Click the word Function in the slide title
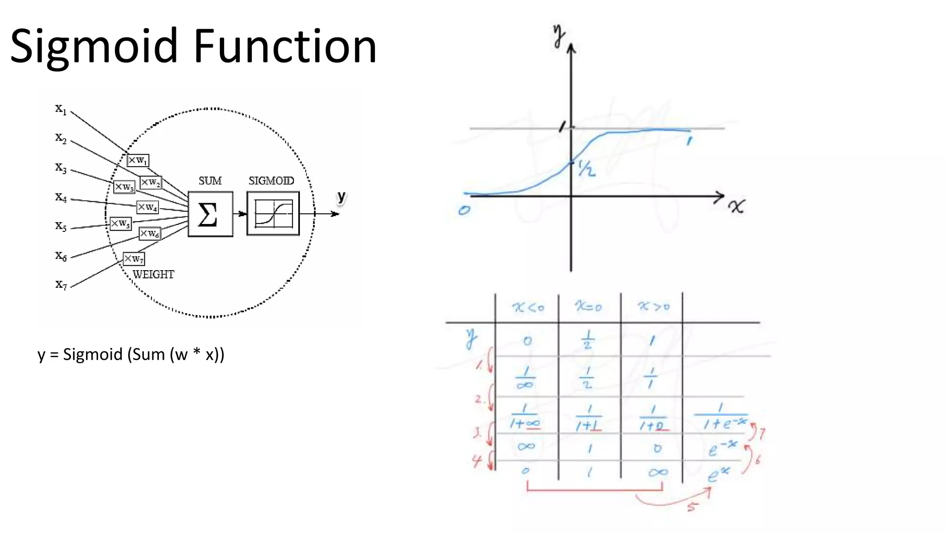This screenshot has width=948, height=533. click(x=285, y=46)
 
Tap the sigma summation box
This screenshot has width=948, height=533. click(x=210, y=214)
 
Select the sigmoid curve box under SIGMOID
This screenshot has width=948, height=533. click(x=273, y=214)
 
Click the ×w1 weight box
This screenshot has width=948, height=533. click(x=138, y=161)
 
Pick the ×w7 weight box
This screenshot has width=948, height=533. click(x=134, y=259)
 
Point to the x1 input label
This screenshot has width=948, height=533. click(x=61, y=109)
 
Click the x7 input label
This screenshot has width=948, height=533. click(x=61, y=284)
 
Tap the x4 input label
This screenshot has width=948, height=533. click(x=61, y=198)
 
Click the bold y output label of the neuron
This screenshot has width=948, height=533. click(x=342, y=197)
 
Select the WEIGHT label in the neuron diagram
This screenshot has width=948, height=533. click(x=153, y=275)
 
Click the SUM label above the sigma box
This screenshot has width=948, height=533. click(x=210, y=181)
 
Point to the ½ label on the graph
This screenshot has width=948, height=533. click(x=586, y=169)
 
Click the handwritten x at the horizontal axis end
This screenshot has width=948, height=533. click(x=736, y=206)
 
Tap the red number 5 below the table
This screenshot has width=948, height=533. click(x=691, y=508)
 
